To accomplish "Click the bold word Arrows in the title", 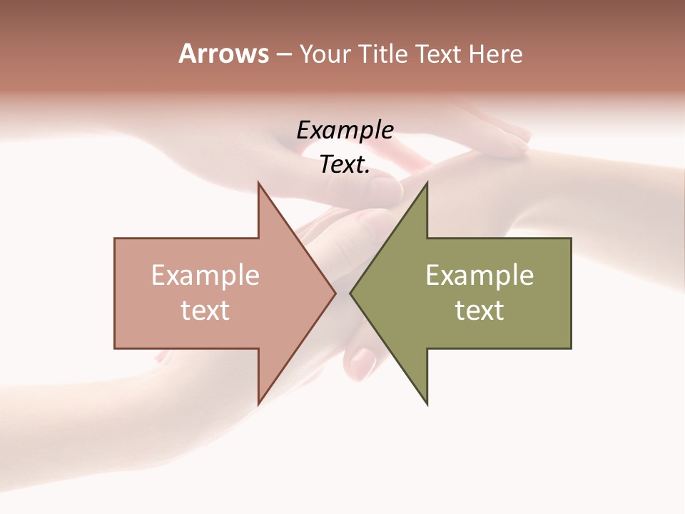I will [x=223, y=54].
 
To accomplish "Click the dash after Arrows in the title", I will [x=283, y=55].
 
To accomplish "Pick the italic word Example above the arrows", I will [x=345, y=131].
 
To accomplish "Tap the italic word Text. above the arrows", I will [x=345, y=165].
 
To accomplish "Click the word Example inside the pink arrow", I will [x=205, y=276].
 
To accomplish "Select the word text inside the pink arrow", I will [x=205, y=311].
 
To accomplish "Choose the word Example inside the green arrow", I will [x=479, y=276].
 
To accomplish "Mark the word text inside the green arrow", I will [x=479, y=311].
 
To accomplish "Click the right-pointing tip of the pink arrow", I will [x=334, y=293].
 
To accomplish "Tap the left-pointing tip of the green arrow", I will [x=352, y=293].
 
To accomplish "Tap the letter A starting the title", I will [x=187, y=54].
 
